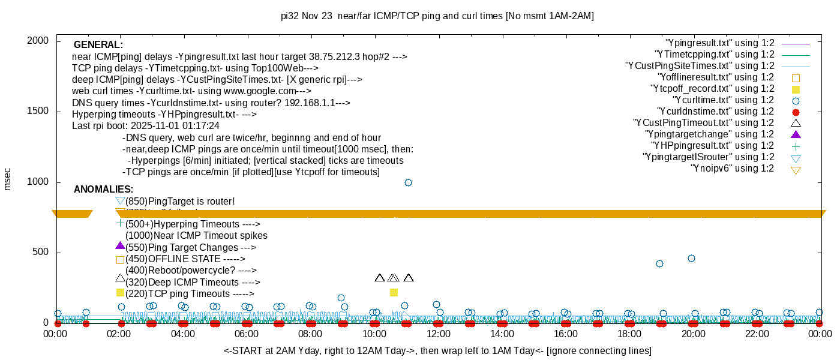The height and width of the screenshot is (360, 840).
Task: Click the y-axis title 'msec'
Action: (8, 179)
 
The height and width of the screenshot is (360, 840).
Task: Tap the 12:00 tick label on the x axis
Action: (438, 334)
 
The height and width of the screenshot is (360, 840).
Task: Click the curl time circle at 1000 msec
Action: (408, 182)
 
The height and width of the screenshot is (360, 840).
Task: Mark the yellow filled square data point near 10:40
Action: (394, 292)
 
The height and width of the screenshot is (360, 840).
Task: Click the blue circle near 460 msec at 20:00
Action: (691, 258)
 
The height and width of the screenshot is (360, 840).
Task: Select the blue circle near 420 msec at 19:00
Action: (659, 263)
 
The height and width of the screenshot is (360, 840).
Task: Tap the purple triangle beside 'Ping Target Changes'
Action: (120, 245)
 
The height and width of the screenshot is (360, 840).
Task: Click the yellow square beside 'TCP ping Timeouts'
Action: (120, 292)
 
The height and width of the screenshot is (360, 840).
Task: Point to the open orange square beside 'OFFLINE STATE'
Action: (120, 260)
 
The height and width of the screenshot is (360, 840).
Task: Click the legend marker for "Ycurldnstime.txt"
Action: (796, 112)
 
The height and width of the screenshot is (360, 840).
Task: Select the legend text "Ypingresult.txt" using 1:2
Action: (720, 43)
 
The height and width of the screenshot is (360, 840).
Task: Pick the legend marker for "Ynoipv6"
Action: (796, 170)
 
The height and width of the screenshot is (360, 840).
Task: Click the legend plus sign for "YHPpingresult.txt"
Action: (796, 146)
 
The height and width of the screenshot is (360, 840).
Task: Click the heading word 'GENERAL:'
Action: (98, 45)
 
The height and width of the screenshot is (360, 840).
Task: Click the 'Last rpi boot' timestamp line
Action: (146, 126)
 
